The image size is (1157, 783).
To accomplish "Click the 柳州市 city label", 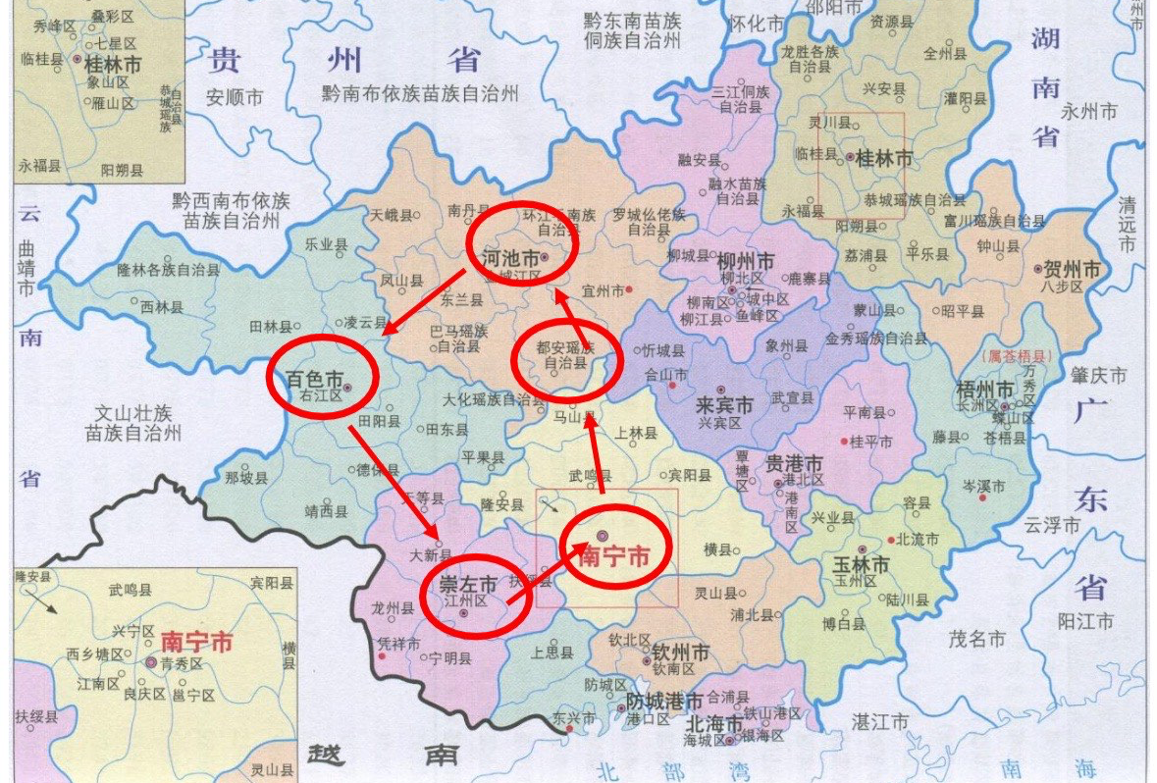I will click(746, 263).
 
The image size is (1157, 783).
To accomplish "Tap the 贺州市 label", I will click(1074, 270).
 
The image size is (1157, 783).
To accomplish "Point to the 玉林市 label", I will click(861, 565).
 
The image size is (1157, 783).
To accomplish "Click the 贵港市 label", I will click(795, 463).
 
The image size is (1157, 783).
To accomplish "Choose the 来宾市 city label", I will click(724, 405).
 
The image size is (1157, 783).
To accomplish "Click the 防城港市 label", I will click(664, 702).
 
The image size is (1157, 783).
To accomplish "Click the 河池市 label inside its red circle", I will click(511, 259).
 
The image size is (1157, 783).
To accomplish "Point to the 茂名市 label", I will click(976, 639).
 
